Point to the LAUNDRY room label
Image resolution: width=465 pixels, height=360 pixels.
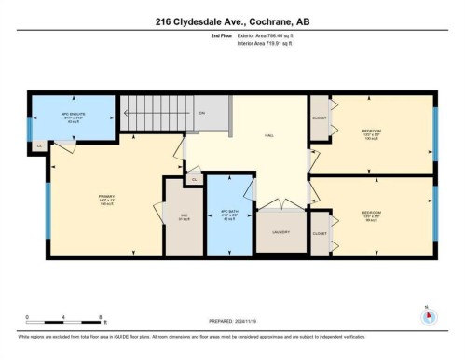pyautogui.click(x=280, y=232)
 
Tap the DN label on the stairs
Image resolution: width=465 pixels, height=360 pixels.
pyautogui.click(x=201, y=114)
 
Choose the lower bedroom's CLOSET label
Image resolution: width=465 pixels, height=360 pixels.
pyautogui.click(x=320, y=233)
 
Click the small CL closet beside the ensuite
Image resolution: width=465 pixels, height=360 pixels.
pyautogui.click(x=39, y=146)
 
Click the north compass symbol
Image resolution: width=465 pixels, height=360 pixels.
pyautogui.click(x=428, y=315)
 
